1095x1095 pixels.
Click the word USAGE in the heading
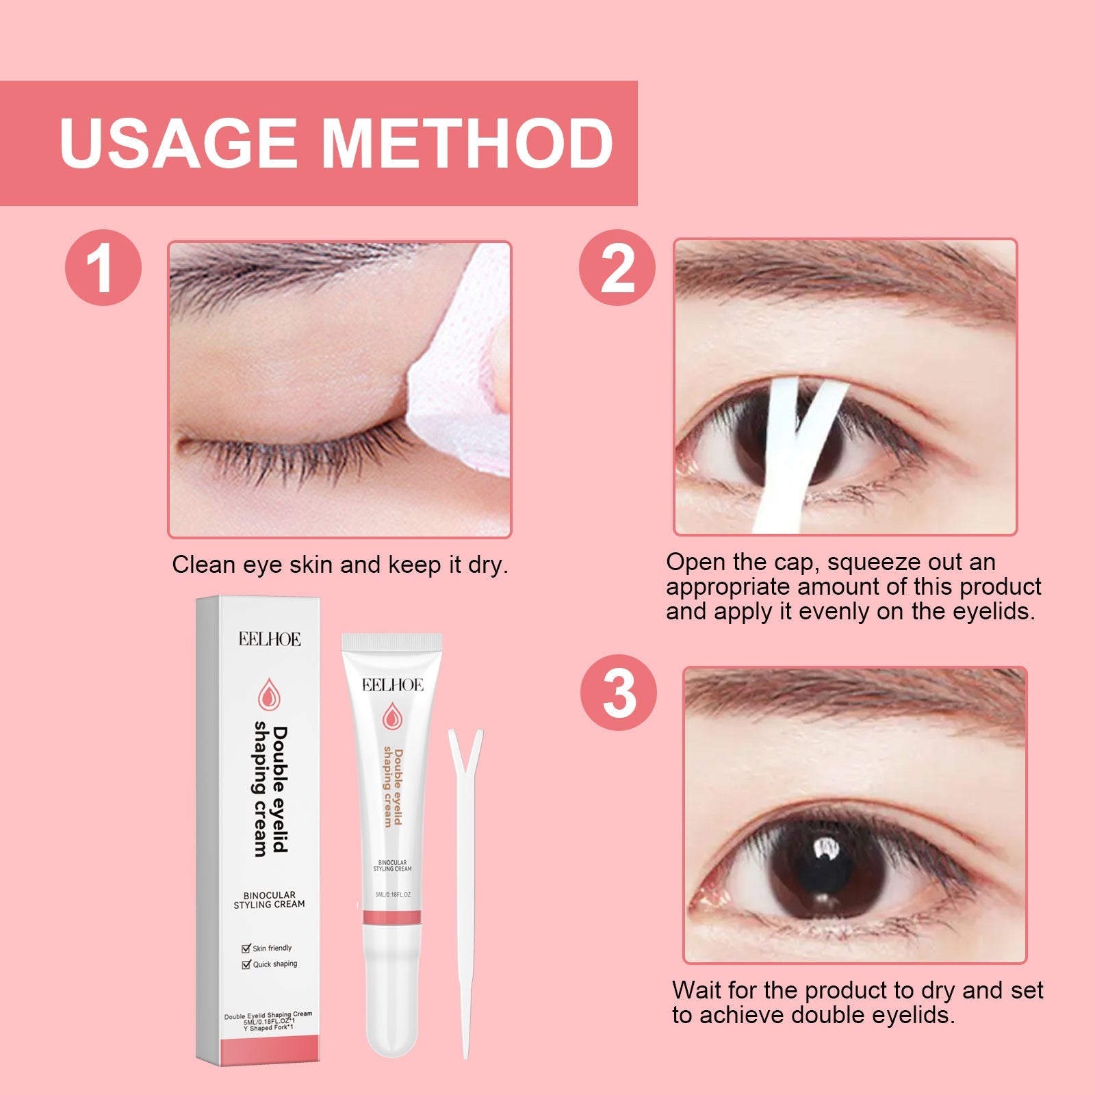pos(179,144)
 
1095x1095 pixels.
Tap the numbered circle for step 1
pos(103,268)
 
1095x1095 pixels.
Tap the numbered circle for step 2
pos(617,268)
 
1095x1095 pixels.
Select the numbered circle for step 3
pos(618,693)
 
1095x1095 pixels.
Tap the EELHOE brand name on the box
pos(270,639)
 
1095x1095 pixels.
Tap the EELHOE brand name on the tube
pos(392,685)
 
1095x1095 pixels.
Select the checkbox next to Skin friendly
pos(246,949)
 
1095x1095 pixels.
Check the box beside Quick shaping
pos(246,964)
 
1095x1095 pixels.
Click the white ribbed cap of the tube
pos(391,642)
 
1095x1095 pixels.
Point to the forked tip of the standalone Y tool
pos(465,746)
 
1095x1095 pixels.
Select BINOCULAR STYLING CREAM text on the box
pos(269,899)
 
